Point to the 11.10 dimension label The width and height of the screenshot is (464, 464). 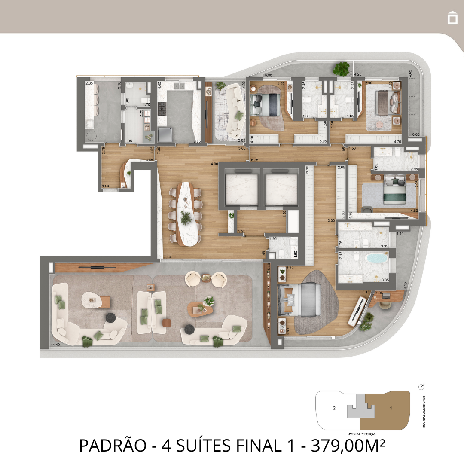pos(307,170)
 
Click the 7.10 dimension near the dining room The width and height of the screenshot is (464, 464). pos(167,257)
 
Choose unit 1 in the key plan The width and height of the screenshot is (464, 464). pos(390,408)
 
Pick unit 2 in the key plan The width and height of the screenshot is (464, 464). pos(334,408)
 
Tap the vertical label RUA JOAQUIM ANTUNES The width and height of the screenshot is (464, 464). pos(424,412)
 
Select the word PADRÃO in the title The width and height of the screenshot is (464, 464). pos(113,446)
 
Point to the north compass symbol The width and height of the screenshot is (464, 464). pos(421,387)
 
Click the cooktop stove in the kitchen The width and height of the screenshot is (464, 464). pos(162,109)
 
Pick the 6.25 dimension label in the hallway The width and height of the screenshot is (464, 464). pos(255,160)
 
